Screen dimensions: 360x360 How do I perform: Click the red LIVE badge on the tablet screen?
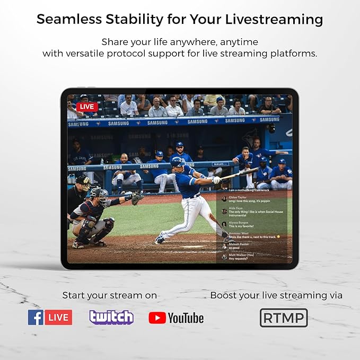pos(87,107)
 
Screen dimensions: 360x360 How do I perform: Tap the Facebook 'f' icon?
pos(36,317)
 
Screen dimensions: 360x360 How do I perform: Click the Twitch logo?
pos(111,317)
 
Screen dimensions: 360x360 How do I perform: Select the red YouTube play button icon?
pos(157,318)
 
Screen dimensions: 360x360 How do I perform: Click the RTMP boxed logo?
pos(284,318)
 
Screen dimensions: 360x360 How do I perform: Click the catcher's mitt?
pos(137,197)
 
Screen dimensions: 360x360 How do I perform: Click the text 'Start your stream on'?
pos(110,295)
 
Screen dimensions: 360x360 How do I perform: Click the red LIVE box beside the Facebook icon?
pos(59,317)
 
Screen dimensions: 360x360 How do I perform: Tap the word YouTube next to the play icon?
pos(186,318)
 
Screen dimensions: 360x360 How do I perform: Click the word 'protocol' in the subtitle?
pos(139,54)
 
